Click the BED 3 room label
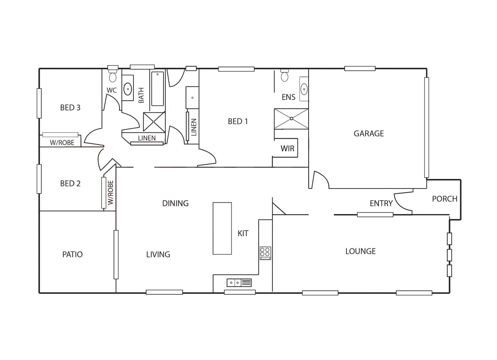[71, 107]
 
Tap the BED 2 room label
[71, 184]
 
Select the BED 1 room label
[238, 122]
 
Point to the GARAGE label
[369, 134]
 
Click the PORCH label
[444, 199]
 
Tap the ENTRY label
[380, 204]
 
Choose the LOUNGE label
[361, 251]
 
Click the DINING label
[176, 203]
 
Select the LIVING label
[158, 254]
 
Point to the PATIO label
[73, 254]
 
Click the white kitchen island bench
[222, 229]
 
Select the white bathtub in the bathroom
[157, 88]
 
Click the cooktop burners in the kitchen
[265, 252]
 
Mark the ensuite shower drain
[291, 119]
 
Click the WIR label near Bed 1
[287, 148]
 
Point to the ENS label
[288, 97]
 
